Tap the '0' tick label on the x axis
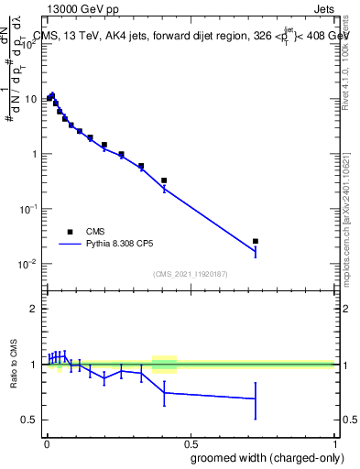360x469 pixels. click(x=47, y=442)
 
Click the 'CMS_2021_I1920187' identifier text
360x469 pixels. click(x=190, y=274)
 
